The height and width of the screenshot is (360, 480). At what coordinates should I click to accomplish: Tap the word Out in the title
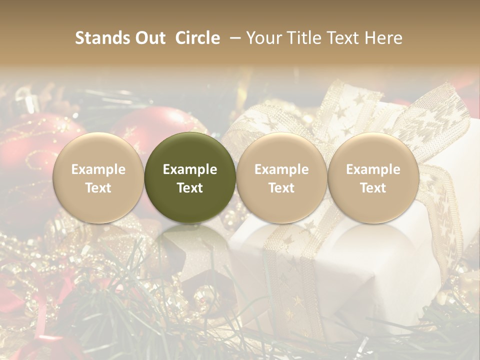[149, 38]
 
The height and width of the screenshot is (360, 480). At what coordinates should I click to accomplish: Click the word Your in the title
[262, 38]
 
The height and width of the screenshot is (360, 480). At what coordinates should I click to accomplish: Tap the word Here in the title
[383, 38]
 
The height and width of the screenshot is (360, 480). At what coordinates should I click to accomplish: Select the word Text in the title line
[342, 38]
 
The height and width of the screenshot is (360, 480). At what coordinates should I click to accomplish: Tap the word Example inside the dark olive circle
[190, 169]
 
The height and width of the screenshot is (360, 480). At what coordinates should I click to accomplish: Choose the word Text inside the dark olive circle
[190, 188]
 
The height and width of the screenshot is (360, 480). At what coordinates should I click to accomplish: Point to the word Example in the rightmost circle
[373, 169]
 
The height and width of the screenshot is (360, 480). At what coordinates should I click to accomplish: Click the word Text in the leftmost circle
[98, 188]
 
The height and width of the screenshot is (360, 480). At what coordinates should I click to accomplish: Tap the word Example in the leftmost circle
[98, 169]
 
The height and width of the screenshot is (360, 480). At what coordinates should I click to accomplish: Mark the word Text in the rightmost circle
[373, 188]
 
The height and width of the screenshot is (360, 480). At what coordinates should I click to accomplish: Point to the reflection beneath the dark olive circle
[190, 240]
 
